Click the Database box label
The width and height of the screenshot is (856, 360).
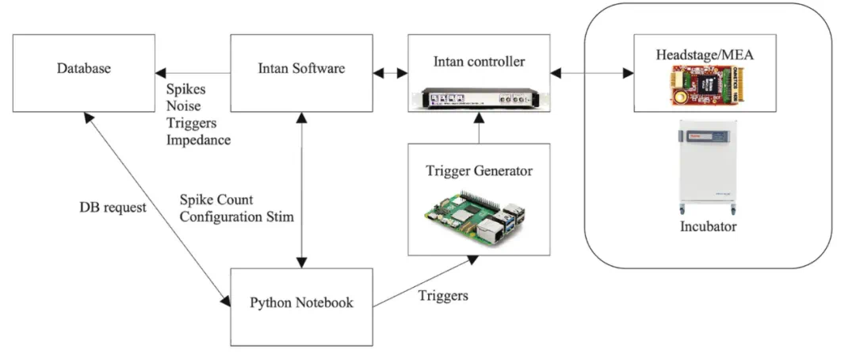83,69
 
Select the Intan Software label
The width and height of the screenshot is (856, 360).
301,69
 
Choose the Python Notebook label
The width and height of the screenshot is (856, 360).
301,302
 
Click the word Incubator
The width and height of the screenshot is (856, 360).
709,227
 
